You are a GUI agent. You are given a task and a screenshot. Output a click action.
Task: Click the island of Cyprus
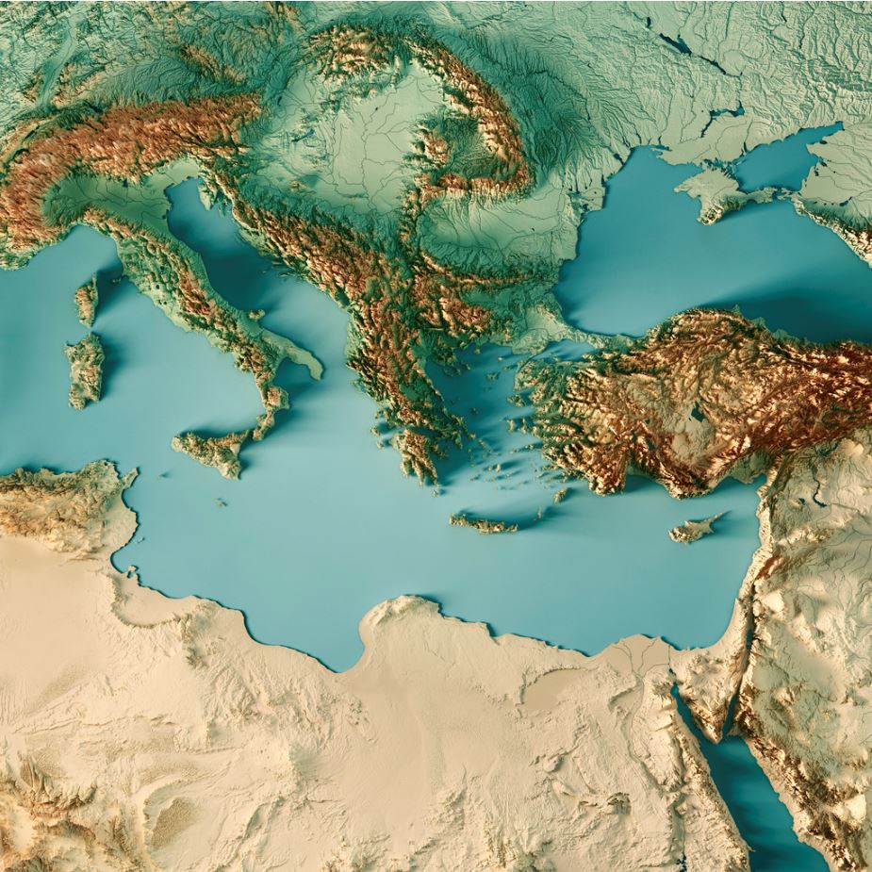696,529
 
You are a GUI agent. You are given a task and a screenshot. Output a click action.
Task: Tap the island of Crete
485,522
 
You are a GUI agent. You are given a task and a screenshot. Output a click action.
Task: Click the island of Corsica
87,300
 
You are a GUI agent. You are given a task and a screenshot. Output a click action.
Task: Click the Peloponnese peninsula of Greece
415,452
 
